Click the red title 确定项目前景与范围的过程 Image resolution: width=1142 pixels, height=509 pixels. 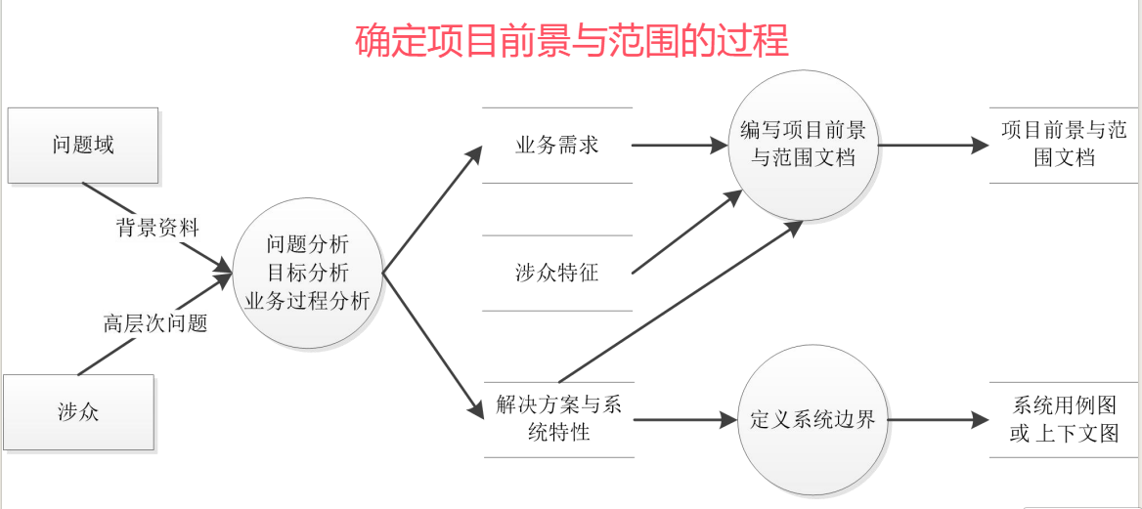pyautogui.click(x=571, y=42)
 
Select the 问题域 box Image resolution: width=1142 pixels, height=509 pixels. pyautogui.click(x=82, y=146)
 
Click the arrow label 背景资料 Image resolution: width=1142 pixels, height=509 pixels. pyautogui.click(x=157, y=228)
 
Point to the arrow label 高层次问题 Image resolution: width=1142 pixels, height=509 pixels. pyautogui.click(x=156, y=323)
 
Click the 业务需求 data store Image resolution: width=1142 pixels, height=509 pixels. pyautogui.click(x=557, y=146)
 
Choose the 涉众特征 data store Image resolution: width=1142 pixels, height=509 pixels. pyautogui.click(x=557, y=274)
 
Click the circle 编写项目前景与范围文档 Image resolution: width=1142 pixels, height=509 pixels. pyautogui.click(x=803, y=145)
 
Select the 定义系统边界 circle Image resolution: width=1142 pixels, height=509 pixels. pyautogui.click(x=812, y=420)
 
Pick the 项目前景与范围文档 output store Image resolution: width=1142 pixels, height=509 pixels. pyautogui.click(x=1064, y=145)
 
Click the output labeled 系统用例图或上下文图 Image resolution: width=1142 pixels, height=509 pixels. pyautogui.click(x=1064, y=419)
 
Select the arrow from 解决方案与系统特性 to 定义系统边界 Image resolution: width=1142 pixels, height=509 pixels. pyautogui.click(x=684, y=420)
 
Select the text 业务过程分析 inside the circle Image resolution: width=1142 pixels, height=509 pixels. pyautogui.click(x=307, y=301)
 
